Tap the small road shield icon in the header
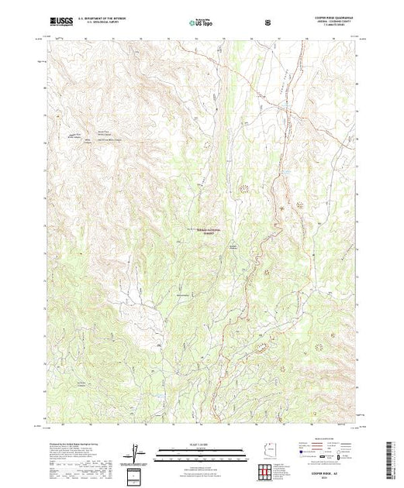click(x=268, y=22)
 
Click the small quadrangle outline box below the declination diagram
click(x=136, y=472)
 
